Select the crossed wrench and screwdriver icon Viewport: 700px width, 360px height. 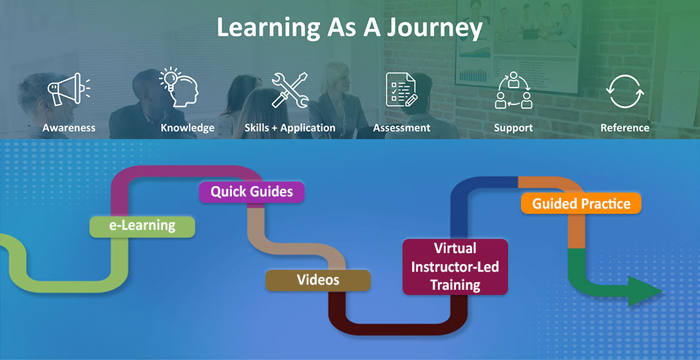[289, 90]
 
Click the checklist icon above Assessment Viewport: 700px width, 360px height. [401, 90]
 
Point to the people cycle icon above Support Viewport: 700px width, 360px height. [513, 90]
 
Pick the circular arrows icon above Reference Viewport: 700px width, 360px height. [625, 91]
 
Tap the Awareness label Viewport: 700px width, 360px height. [69, 128]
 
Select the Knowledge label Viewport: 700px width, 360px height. [187, 128]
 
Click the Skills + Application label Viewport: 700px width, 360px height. [290, 128]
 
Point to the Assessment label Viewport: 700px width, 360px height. [401, 128]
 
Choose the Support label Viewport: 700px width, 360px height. [513, 128]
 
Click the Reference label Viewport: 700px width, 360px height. [625, 128]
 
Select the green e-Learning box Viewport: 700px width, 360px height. [142, 226]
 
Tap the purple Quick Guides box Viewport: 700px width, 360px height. [252, 192]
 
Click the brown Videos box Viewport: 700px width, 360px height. [318, 280]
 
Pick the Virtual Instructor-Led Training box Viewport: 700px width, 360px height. [455, 267]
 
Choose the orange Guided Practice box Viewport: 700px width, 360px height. [581, 204]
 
